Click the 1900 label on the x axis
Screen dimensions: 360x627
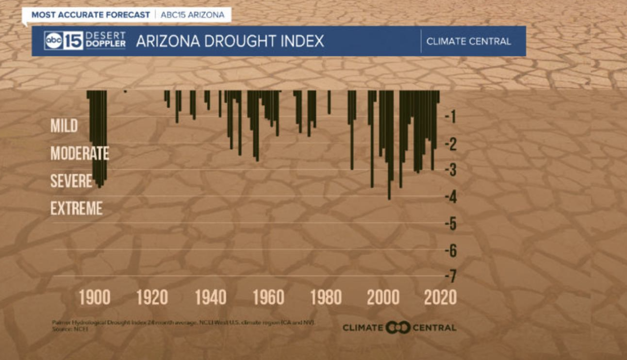click(95, 297)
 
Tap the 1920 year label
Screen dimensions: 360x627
click(152, 297)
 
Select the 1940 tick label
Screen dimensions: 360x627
click(211, 297)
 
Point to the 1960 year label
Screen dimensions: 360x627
click(268, 297)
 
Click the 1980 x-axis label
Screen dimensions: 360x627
click(326, 297)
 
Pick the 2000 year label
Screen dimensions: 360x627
click(384, 297)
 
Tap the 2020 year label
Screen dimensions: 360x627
click(440, 297)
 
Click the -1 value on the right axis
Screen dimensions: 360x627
click(451, 117)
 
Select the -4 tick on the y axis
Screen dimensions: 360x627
click(451, 197)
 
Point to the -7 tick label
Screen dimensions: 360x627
click(451, 277)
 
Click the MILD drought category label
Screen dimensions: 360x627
click(64, 126)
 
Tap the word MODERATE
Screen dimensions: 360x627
click(80, 153)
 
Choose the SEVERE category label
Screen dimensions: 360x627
click(72, 181)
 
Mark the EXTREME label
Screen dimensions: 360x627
click(76, 209)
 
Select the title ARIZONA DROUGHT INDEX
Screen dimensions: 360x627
click(230, 41)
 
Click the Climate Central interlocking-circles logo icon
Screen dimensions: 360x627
click(398, 328)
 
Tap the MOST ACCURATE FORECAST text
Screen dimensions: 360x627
click(91, 15)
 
